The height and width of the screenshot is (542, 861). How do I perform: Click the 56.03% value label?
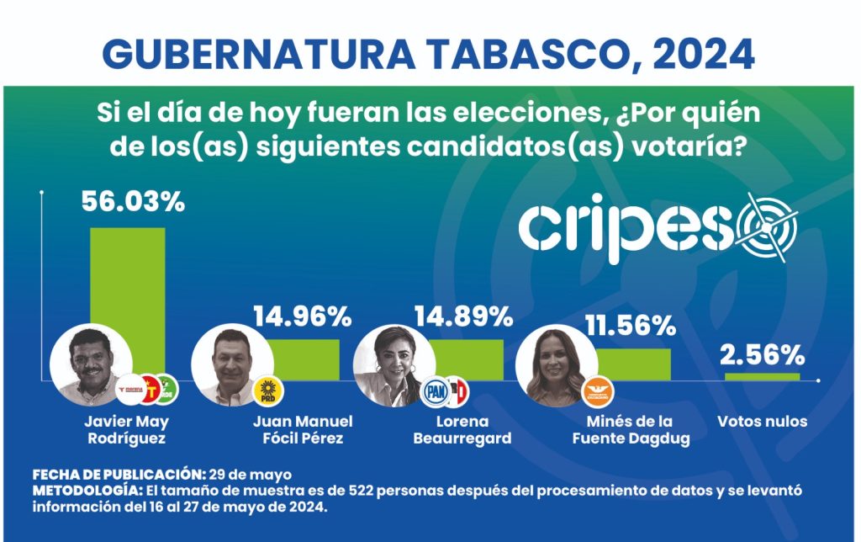click(133, 203)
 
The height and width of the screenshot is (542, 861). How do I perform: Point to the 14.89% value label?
click(463, 316)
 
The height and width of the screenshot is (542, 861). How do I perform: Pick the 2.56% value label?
click(763, 355)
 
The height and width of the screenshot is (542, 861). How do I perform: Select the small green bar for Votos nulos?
click(762, 376)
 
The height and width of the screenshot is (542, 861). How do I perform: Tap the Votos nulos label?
click(762, 422)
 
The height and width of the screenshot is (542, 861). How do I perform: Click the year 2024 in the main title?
click(703, 55)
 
